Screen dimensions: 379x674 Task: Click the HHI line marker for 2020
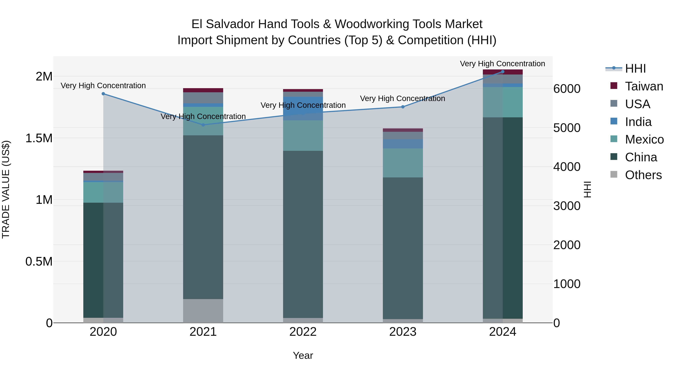pyautogui.click(x=103, y=94)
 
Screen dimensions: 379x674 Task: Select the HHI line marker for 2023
pyautogui.click(x=403, y=107)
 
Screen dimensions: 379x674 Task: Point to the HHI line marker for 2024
pyautogui.click(x=503, y=72)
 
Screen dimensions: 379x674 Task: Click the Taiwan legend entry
pyautogui.click(x=644, y=86)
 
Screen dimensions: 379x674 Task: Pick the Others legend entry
pyautogui.click(x=643, y=175)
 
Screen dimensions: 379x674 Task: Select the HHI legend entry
pyautogui.click(x=635, y=69)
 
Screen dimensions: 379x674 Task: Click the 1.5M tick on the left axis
pyautogui.click(x=39, y=138)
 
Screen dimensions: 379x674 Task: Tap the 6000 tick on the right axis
pyautogui.click(x=567, y=89)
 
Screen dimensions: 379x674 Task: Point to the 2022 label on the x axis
pyautogui.click(x=303, y=332)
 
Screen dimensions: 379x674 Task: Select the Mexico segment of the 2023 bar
pyautogui.click(x=403, y=163)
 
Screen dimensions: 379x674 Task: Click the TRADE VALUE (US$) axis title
pyautogui.click(x=6, y=189)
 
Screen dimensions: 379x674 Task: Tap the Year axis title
pyautogui.click(x=303, y=355)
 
